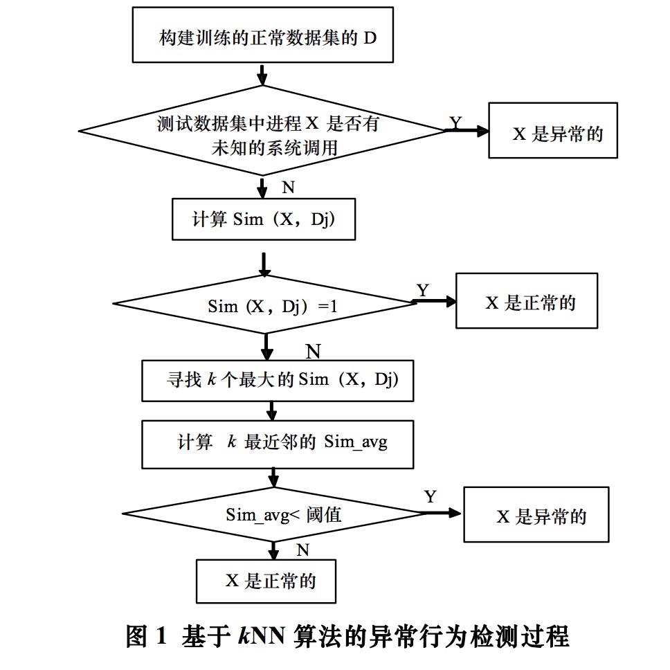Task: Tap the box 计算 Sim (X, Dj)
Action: (263, 219)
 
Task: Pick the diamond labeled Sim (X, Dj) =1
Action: (263, 305)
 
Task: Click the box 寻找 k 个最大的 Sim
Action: (277, 380)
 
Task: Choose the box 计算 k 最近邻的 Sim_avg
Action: (277, 442)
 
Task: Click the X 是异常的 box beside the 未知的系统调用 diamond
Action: (553, 131)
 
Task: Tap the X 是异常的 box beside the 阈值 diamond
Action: (536, 515)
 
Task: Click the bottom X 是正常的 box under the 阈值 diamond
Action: (266, 580)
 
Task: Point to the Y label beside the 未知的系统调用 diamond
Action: (455, 123)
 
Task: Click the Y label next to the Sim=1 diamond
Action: (422, 289)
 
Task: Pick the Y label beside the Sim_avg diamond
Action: (431, 496)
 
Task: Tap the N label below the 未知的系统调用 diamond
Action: (289, 187)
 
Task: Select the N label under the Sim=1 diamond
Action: (313, 352)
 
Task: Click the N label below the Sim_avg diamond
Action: (302, 550)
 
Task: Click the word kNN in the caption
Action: (259, 635)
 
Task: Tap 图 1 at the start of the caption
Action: (147, 635)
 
